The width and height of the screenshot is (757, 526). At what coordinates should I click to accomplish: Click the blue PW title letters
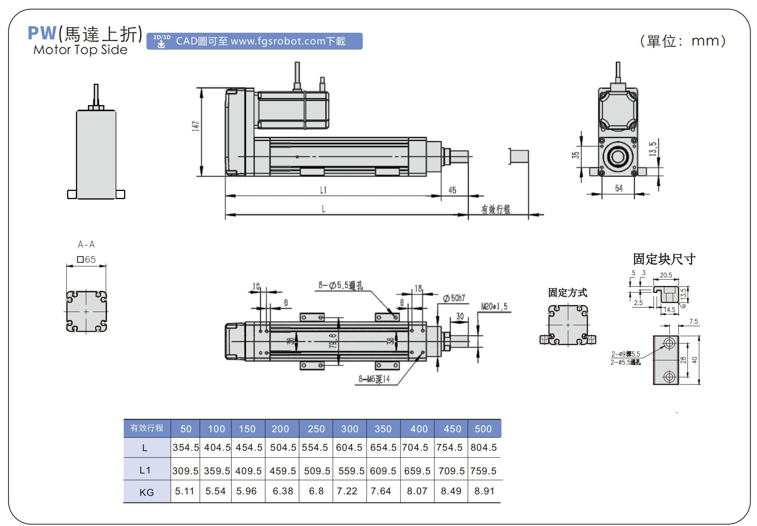pyautogui.click(x=42, y=34)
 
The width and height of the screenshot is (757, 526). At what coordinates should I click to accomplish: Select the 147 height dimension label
pyautogui.click(x=196, y=126)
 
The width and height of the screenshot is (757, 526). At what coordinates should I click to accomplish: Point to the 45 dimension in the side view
pyautogui.click(x=452, y=190)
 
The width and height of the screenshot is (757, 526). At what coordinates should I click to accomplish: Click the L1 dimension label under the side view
pyautogui.click(x=323, y=190)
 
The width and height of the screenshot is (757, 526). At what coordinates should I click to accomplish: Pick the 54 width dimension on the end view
pyautogui.click(x=618, y=188)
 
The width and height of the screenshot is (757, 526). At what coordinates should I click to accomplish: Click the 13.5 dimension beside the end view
pyautogui.click(x=652, y=149)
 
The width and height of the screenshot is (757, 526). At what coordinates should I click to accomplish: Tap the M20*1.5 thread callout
pyautogui.click(x=494, y=307)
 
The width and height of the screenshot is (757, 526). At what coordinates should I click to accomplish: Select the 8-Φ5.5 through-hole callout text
pyautogui.click(x=340, y=285)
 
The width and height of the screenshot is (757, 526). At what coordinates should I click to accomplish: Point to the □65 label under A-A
pyautogui.click(x=86, y=259)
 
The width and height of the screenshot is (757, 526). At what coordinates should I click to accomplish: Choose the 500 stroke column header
pyautogui.click(x=483, y=429)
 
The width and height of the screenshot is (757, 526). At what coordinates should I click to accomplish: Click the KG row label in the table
pyautogui.click(x=146, y=492)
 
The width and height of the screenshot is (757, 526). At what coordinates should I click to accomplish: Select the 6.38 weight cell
pyautogui.click(x=283, y=491)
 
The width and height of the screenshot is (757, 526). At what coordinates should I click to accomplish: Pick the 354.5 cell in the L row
pyautogui.click(x=185, y=448)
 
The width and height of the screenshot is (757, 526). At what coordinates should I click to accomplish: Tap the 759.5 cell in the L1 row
pyautogui.click(x=483, y=471)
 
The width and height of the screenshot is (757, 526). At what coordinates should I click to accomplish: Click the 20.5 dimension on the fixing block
pyautogui.click(x=666, y=275)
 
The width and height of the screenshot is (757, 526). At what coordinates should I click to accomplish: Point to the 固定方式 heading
pyautogui.click(x=567, y=293)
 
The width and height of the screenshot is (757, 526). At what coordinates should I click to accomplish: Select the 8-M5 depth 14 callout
pyautogui.click(x=374, y=379)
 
